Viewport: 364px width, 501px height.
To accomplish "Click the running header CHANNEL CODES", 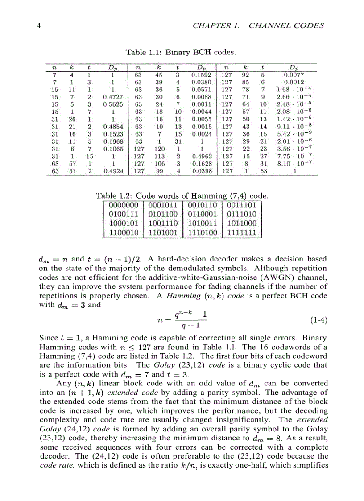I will pos(286,25).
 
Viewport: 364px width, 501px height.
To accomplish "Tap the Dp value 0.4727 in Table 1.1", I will pos(113,97).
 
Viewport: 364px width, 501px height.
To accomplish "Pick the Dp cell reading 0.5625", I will pos(113,104).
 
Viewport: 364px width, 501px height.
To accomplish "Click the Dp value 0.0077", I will pos(294,75).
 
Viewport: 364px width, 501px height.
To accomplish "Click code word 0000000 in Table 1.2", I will pos(123,206).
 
